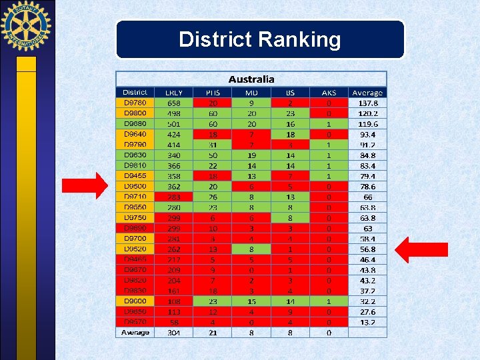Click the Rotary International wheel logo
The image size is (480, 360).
tap(26, 27)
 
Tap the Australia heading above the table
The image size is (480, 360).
tap(251, 79)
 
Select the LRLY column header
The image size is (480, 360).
tap(173, 93)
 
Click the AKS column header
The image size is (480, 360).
tap(329, 93)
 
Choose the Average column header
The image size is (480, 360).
tap(367, 93)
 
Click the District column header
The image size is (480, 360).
tap(135, 93)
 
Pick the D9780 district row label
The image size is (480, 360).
tap(135, 103)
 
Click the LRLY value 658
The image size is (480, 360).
tap(173, 103)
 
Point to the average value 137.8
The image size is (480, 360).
tap(367, 103)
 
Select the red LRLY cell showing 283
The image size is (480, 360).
tap(173, 197)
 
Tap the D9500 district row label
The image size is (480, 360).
tap(135, 187)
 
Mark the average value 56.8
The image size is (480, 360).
tap(367, 249)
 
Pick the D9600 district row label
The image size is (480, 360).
tap(135, 301)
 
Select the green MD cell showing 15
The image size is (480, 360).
tap(251, 301)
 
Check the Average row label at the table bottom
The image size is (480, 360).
tap(135, 332)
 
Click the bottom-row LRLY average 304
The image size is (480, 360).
tap(173, 332)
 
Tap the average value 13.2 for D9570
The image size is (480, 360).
tap(367, 322)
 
